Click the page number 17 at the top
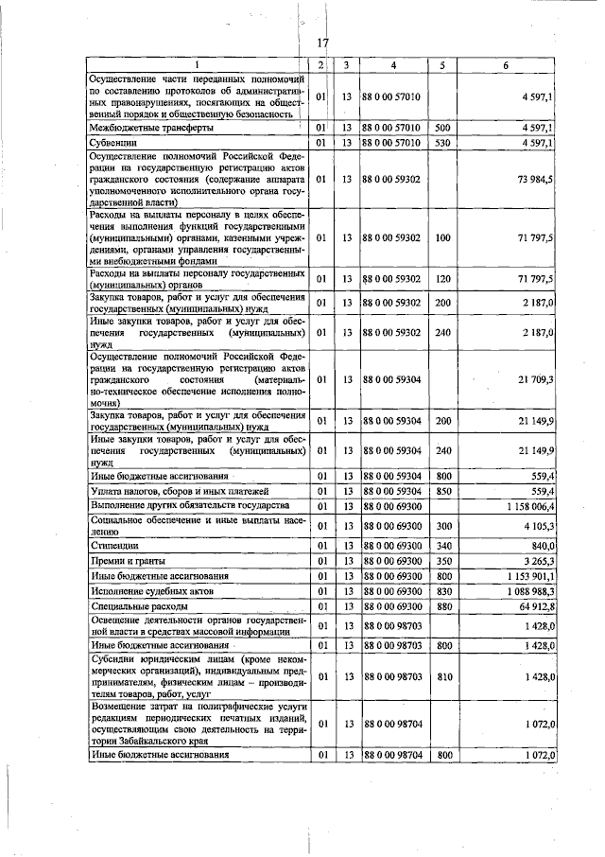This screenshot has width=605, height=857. pos(322,42)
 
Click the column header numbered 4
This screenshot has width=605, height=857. pos(393,65)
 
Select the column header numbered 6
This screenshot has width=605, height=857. pos(506,65)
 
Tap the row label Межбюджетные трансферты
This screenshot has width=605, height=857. pos(150,127)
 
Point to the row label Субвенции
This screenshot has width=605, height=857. pos(113,142)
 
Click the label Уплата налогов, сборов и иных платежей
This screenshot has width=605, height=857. pos(180,491)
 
